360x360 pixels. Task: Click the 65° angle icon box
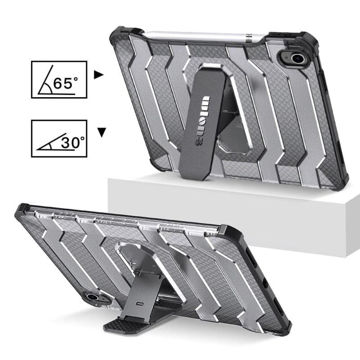click(59, 79)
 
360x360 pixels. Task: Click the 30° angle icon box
click(59, 139)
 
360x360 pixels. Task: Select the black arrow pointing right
click(99, 75)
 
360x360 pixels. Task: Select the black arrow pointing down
click(102, 133)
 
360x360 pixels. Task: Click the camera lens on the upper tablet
click(297, 58)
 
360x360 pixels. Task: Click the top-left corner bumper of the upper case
click(119, 36)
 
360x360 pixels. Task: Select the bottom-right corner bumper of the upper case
click(338, 181)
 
